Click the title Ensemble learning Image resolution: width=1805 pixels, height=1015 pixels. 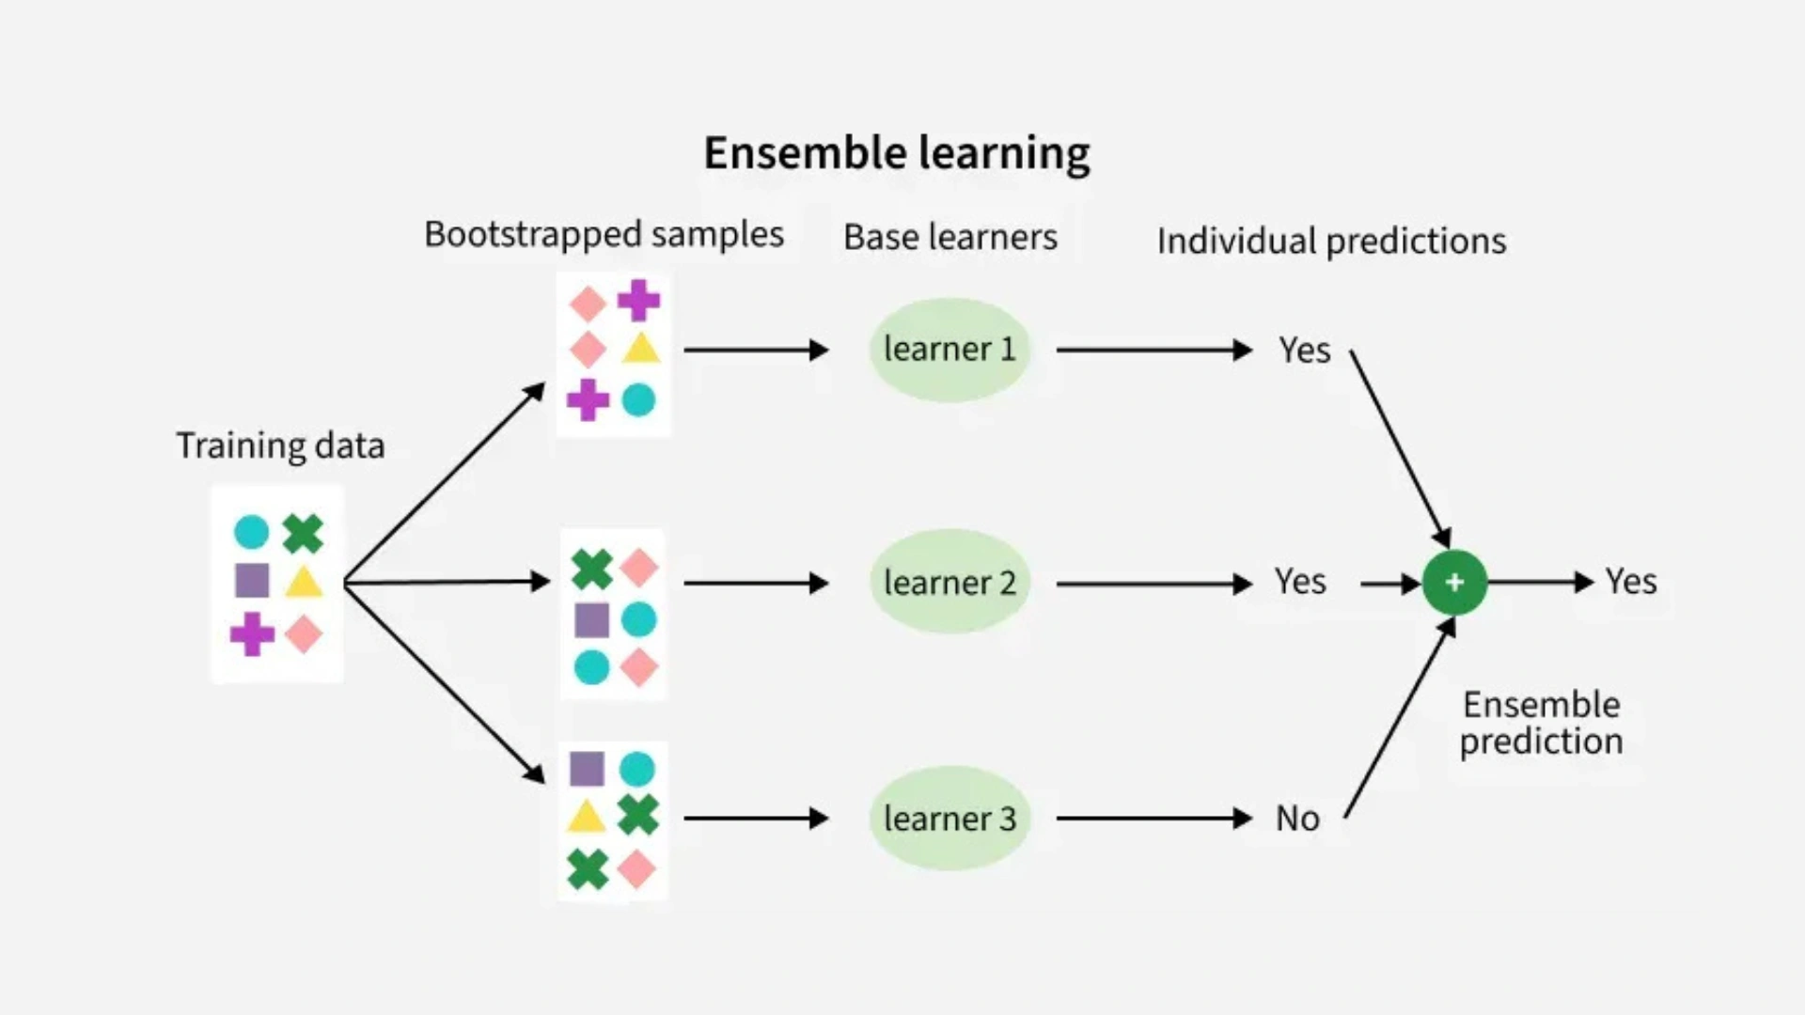point(897,153)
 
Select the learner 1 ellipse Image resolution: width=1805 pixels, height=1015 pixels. point(950,350)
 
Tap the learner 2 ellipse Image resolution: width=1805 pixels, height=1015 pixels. point(950,583)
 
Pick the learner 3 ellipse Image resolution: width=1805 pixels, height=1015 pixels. point(950,819)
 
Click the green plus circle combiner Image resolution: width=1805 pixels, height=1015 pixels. point(1454,583)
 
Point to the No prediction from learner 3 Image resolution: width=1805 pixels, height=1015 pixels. point(1297,819)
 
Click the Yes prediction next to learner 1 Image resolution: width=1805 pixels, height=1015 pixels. point(1304,351)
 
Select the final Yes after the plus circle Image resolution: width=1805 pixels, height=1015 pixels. point(1631,582)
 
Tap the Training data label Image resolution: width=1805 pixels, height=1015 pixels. point(280,445)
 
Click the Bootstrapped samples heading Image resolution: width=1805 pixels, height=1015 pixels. point(604,235)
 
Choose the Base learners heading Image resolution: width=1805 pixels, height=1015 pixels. point(950,238)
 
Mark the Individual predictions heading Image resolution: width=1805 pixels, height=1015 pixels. point(1331,242)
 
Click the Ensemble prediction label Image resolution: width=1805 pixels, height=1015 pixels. point(1541,723)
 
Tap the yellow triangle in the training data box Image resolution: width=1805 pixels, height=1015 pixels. point(304,583)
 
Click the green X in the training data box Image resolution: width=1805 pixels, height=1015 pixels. point(303,533)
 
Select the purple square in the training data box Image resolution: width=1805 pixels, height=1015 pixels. point(252,581)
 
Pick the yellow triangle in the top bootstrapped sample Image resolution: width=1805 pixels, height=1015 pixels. point(640,350)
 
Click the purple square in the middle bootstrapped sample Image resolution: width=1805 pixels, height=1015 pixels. point(591,620)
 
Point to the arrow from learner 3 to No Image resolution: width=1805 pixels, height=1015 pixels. point(1154,819)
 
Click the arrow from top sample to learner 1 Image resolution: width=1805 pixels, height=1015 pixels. point(756,351)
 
